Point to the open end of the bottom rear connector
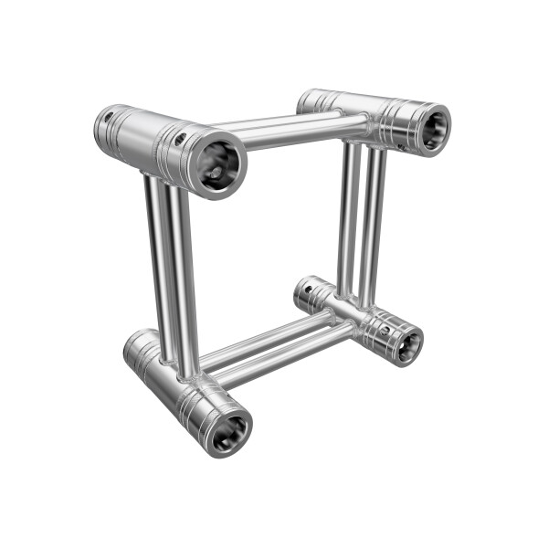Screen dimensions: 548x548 click(x=406, y=345)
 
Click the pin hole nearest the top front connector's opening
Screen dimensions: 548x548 click(x=182, y=138)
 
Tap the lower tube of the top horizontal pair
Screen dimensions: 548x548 click(x=292, y=138)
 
